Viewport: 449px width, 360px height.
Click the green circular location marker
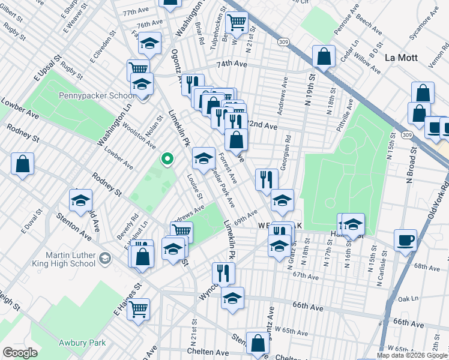pos(167,159)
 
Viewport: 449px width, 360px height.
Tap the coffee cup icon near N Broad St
pos(405,240)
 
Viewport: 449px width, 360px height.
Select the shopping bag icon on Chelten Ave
pos(258,344)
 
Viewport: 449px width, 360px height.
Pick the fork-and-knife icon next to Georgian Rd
pos(267,179)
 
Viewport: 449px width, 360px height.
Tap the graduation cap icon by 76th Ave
pos(150,43)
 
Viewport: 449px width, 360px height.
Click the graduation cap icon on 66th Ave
pos(232,298)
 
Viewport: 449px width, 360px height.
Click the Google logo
pos(20,353)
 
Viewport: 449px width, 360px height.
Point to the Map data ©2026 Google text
pos(411,355)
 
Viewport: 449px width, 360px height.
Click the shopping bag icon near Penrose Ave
pos(324,57)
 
